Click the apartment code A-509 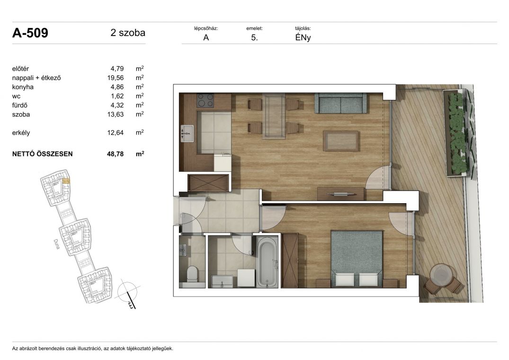[30, 33]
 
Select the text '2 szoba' [128, 33]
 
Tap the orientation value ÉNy [303, 37]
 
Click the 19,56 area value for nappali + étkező [116, 78]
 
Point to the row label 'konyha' [23, 87]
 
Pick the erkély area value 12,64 [116, 133]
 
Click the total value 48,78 [116, 154]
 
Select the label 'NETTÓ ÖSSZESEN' [43, 154]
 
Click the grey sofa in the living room [340, 103]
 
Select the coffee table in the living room [341, 141]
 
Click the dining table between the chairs [274, 116]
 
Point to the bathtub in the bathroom [267, 262]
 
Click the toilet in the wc [192, 274]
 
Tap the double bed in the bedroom [356, 259]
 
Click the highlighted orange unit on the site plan [66, 181]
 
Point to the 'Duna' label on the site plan [56, 244]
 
